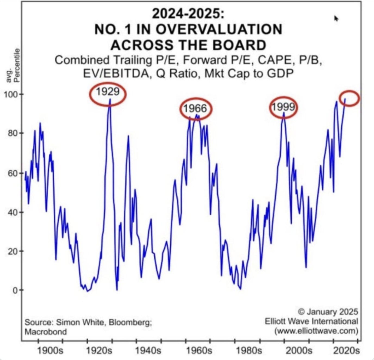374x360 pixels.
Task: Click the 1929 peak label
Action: (108, 92)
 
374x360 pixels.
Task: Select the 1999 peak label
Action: (283, 107)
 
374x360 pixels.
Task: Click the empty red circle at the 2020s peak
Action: (349, 98)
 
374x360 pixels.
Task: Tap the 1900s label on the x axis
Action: (50, 350)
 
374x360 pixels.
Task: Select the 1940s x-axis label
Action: (148, 350)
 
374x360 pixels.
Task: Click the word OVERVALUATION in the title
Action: (219, 29)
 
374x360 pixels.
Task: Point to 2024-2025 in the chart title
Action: (188, 14)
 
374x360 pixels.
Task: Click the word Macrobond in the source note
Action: (46, 332)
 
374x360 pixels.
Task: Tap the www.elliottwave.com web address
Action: (316, 331)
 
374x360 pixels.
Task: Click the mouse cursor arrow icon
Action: (336, 18)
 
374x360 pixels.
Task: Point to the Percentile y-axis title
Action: (17, 65)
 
